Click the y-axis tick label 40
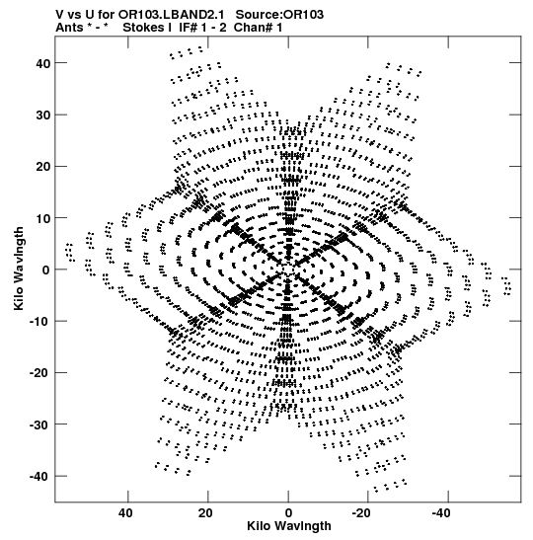(42, 63)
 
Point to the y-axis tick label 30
(42, 116)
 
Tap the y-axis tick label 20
(42, 167)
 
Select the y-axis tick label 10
(42, 218)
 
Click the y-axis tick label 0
(46, 270)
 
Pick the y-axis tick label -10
(39, 322)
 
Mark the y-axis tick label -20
(39, 373)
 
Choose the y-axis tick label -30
(39, 424)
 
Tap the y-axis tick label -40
(39, 477)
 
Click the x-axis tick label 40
(125, 513)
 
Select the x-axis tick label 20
(205, 513)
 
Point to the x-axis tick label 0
(288, 513)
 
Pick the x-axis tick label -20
(361, 513)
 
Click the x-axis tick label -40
(441, 513)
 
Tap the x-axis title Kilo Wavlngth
(289, 526)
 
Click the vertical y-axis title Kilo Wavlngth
(19, 269)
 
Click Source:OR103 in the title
(279, 15)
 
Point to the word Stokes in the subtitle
(143, 28)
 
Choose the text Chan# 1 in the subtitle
(258, 28)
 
